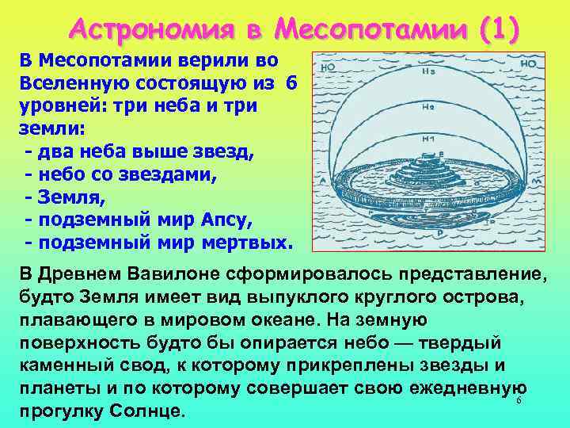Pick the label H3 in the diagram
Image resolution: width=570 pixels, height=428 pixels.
[x=428, y=70]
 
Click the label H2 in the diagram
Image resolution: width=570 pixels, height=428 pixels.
[x=427, y=106]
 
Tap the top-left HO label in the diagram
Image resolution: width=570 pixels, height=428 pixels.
[x=327, y=67]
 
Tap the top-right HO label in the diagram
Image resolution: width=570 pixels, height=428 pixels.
[x=530, y=63]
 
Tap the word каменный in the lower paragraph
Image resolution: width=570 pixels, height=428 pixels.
[x=72, y=366]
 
